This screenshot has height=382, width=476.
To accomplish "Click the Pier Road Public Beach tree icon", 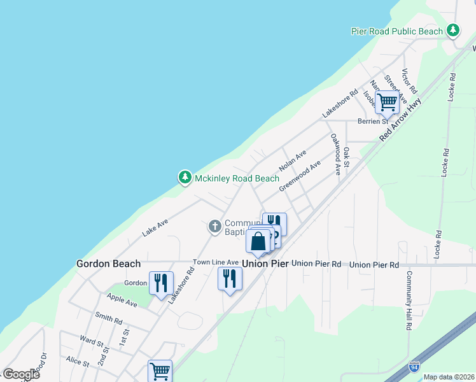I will point(452,31).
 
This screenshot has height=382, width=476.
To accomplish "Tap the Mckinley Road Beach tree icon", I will point(185,178).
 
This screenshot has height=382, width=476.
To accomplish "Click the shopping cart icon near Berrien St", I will point(387,101).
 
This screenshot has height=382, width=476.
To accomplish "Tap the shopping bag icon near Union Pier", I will point(258,241).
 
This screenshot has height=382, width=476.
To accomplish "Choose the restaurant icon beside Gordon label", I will point(161,281).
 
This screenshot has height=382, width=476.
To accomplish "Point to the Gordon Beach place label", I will point(108,263).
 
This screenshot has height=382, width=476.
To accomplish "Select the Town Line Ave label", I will point(216,262).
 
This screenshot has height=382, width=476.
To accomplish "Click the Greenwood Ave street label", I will point(299,174).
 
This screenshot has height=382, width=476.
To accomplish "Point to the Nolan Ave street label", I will point(293,161).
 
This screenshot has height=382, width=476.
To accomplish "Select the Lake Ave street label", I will point(155,227).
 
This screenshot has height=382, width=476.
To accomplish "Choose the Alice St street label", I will point(77,361).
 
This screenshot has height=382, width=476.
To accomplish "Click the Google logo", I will point(21,374).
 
